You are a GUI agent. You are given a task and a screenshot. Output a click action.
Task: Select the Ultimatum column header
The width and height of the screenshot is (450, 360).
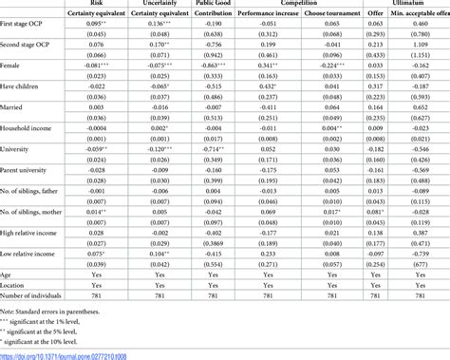(408, 4)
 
